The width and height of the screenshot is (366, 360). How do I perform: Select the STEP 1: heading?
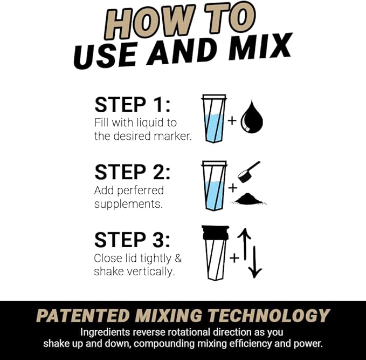pyautogui.click(x=132, y=105)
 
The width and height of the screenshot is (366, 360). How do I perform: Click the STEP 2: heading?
pyautogui.click(x=132, y=172)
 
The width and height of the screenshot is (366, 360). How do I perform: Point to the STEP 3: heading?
pyautogui.click(x=132, y=240)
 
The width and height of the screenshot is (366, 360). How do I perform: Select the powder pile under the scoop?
pyautogui.click(x=250, y=199)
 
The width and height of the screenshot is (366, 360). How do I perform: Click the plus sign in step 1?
pyautogui.click(x=232, y=120)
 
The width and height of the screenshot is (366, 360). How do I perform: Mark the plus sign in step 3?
pyautogui.click(x=234, y=258)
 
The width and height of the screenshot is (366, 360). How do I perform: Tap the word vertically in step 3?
pyautogui.click(x=149, y=271)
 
